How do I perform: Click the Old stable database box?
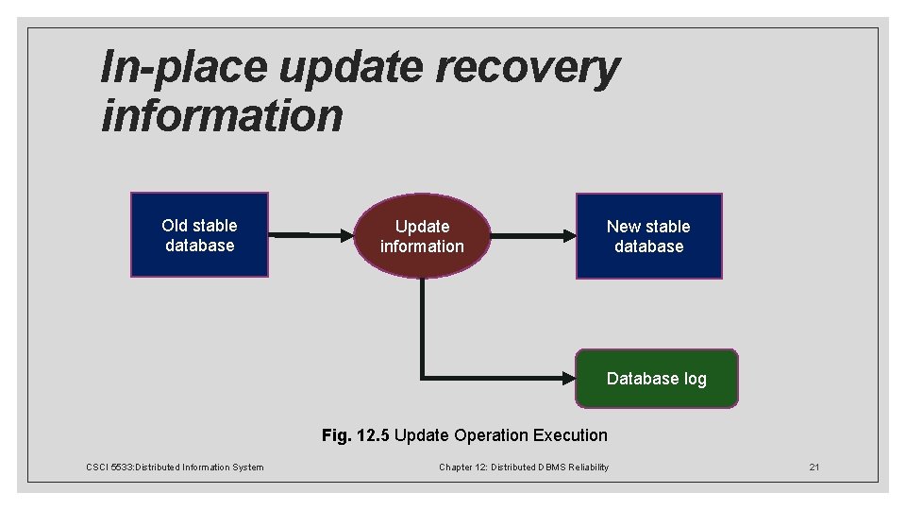click(199, 235)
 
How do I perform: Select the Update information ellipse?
click(422, 236)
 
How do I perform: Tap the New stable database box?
click(649, 236)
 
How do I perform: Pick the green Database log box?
click(657, 379)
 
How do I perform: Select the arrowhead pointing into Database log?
click(568, 379)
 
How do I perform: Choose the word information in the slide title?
click(222, 115)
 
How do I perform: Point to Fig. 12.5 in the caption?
click(356, 435)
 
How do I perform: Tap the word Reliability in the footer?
click(589, 467)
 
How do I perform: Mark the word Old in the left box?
click(175, 226)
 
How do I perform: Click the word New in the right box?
click(623, 227)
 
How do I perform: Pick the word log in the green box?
click(696, 379)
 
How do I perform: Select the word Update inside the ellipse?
click(422, 227)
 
